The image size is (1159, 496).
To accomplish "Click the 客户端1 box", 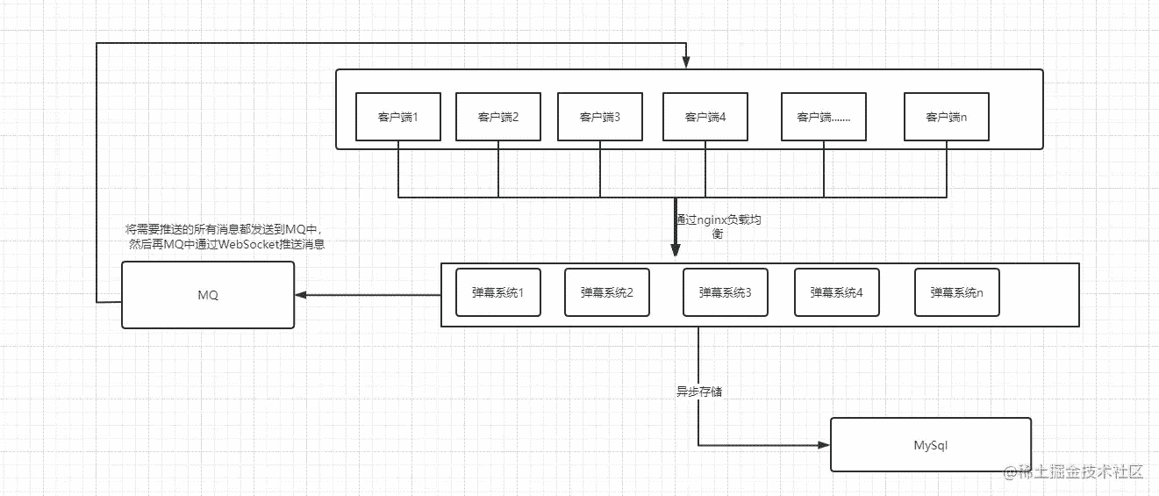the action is point(398,117).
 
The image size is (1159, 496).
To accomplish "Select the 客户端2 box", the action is point(497,117).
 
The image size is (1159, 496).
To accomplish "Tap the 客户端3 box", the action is point(599,117).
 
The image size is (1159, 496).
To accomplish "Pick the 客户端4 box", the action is point(705,117).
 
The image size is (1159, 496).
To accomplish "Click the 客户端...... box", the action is point(824,117).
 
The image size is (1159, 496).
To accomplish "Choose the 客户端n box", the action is point(947,117).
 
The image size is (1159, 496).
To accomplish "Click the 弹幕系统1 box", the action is point(497,292).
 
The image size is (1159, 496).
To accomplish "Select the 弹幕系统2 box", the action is point(607,292).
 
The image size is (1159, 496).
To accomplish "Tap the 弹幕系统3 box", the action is point(725,292).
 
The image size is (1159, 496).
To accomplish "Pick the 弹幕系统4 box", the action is point(837,292).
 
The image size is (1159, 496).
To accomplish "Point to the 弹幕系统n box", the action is point(956,292).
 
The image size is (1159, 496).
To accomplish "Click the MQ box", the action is point(208,295).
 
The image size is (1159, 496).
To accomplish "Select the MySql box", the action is point(931,445).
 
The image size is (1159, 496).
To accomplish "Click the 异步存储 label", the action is point(699,392).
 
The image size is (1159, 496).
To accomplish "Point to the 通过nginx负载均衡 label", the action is point(719,226).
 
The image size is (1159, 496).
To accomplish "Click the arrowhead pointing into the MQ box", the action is point(301,295).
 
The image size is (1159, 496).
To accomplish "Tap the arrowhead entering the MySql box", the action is point(824,445).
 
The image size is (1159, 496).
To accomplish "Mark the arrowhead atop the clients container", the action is point(686,62).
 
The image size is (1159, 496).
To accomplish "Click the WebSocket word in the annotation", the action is point(249,244).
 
